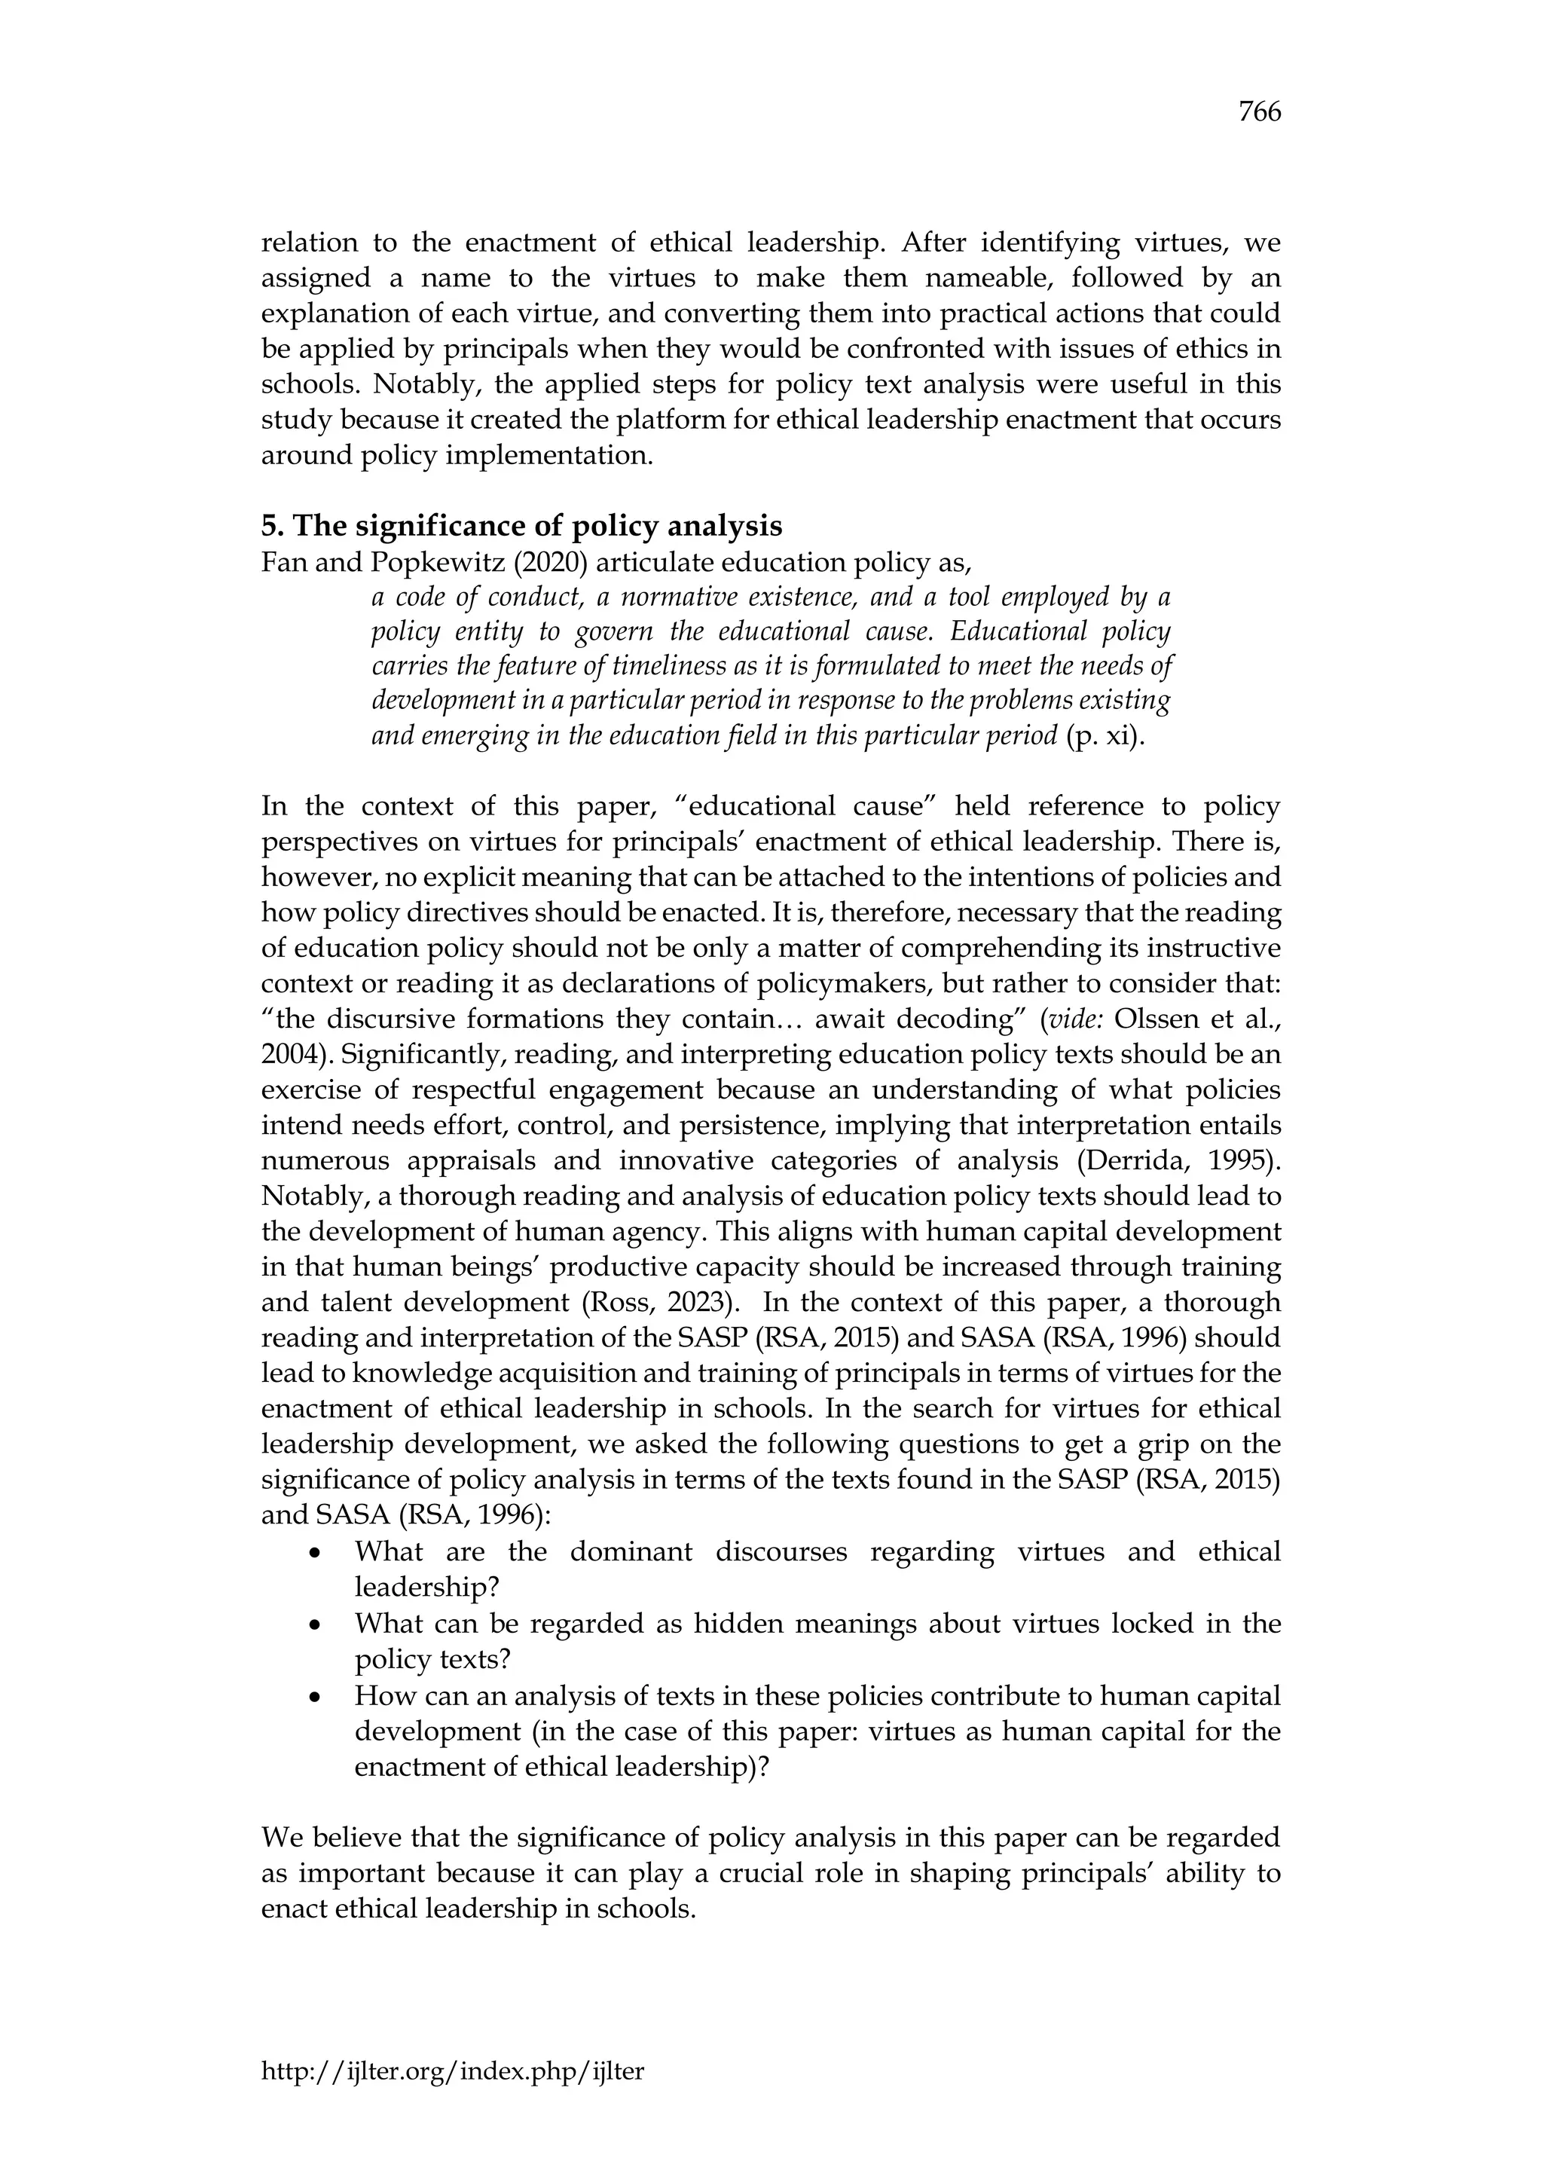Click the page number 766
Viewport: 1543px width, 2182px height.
click(x=1259, y=112)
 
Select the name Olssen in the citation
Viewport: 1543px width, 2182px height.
click(x=1154, y=1019)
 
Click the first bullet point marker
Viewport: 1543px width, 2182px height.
click(x=314, y=1554)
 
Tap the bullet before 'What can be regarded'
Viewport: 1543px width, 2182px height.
click(x=314, y=1625)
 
